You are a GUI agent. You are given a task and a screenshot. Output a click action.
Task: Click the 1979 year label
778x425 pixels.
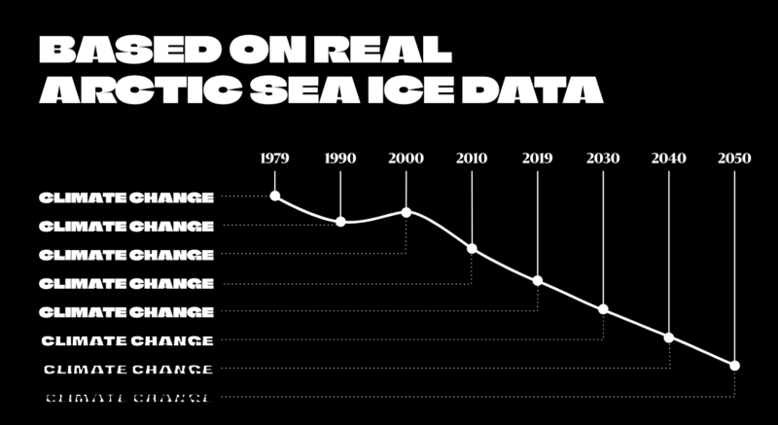(x=274, y=158)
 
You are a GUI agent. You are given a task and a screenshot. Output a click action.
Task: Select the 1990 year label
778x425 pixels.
(x=340, y=158)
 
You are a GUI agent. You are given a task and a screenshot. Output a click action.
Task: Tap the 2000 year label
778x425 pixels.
(x=406, y=158)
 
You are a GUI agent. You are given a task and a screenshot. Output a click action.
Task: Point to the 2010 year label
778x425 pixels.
(x=472, y=158)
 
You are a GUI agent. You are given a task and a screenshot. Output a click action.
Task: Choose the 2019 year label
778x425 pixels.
(x=538, y=158)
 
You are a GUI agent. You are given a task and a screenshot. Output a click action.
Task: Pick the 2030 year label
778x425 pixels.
(x=603, y=158)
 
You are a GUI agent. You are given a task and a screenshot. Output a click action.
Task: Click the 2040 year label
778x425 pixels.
(x=669, y=158)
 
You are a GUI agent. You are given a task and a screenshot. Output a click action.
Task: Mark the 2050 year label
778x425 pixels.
(x=734, y=158)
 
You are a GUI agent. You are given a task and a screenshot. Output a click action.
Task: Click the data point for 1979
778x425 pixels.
(x=274, y=196)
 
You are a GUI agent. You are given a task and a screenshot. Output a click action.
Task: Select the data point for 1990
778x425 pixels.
(x=340, y=222)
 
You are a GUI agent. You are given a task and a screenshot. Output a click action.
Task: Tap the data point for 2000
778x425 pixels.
(x=406, y=212)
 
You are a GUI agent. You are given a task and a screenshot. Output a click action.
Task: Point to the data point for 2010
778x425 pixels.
(x=472, y=249)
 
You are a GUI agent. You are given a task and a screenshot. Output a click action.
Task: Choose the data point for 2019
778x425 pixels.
(x=538, y=281)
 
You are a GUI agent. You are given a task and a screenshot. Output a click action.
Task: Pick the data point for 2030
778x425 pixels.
(x=603, y=309)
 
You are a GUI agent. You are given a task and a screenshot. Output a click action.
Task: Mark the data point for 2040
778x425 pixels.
(x=669, y=337)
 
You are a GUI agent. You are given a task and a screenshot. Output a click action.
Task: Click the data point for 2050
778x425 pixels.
(x=734, y=366)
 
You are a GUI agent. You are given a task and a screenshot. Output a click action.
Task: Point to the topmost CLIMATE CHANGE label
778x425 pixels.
(x=126, y=197)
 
